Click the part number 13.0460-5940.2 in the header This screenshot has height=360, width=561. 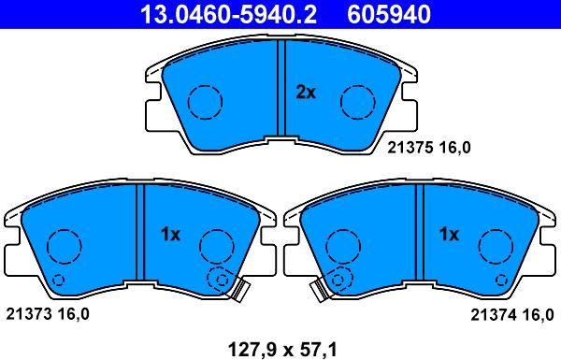click(x=229, y=15)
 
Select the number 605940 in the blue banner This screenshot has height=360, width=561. click(x=389, y=15)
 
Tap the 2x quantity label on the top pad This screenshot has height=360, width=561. click(x=306, y=93)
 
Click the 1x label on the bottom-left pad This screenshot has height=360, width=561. click(x=170, y=235)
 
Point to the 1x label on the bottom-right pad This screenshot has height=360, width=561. click(x=449, y=235)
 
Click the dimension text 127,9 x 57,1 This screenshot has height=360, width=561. click(x=282, y=349)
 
